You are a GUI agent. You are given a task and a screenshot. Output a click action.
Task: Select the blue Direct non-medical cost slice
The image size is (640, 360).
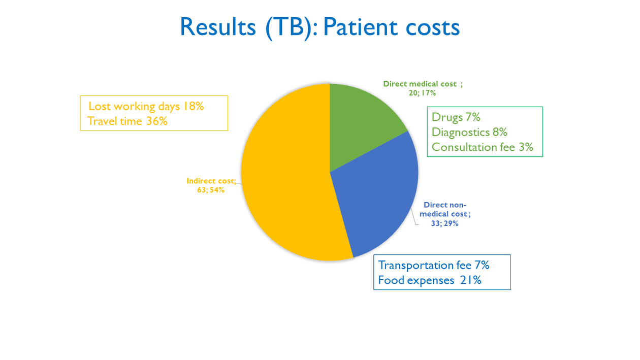point(381,198)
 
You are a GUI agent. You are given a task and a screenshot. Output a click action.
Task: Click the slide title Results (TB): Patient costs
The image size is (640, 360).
point(319,27)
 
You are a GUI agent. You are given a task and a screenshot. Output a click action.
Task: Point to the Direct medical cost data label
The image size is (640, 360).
point(423,88)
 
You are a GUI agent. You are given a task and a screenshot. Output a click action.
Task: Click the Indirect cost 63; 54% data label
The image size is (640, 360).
point(211,185)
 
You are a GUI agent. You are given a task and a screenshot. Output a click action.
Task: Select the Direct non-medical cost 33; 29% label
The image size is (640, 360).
point(445,214)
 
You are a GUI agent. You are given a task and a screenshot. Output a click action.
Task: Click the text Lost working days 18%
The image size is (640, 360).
point(146,106)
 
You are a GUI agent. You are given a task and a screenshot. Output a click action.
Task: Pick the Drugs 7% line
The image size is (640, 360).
point(456,117)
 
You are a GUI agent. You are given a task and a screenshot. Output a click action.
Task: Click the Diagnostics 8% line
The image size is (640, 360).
point(469,132)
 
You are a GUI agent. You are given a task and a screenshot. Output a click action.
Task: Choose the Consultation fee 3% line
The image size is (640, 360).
point(482,147)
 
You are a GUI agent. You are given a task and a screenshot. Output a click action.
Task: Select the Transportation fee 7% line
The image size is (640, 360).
point(433,265)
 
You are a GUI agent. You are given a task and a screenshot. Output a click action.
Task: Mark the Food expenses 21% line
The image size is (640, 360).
point(429,280)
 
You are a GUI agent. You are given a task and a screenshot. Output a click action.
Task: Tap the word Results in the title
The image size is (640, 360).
point(218,27)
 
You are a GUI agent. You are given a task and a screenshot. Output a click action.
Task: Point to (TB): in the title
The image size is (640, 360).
point(291,27)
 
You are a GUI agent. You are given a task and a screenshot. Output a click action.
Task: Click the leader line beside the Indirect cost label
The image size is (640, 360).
point(239,183)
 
